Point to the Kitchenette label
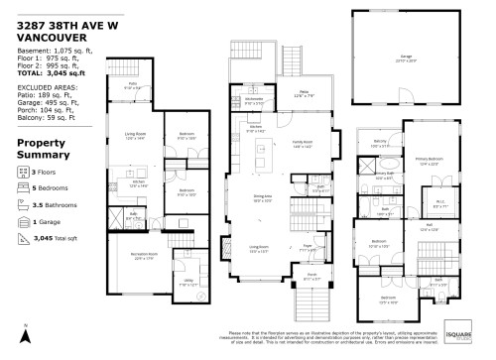click(254, 98)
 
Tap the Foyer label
click(308, 248)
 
